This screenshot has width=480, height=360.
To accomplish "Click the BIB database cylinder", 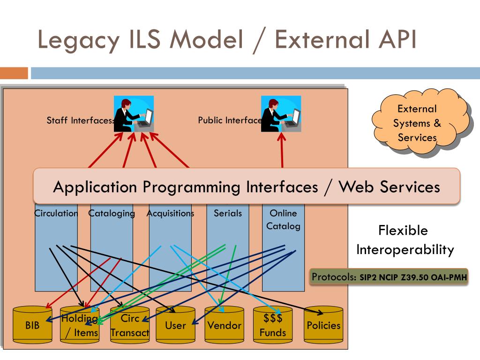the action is [32, 324].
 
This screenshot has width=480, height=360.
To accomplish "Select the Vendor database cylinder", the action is [225, 324].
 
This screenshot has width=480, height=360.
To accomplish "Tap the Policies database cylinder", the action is [323, 324].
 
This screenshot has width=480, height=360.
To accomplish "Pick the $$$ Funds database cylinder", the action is [273, 324].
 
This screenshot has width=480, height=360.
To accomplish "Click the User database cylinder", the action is [175, 324].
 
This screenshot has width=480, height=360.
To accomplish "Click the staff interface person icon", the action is [134, 113].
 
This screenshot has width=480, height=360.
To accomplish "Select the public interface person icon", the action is [281, 113].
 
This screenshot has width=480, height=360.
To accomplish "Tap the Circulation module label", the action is [56, 213].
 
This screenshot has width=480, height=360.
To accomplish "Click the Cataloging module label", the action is [112, 213].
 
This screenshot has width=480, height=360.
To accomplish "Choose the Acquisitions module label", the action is [170, 213].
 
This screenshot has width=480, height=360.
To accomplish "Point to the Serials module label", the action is [228, 213].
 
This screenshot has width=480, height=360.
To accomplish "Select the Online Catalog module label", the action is [283, 219].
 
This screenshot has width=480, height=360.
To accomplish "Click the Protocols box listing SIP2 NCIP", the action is [389, 277].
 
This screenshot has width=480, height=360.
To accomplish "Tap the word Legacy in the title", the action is [78, 40].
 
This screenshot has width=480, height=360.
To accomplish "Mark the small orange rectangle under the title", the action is [14, 73].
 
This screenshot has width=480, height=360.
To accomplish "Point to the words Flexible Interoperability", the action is [405, 240].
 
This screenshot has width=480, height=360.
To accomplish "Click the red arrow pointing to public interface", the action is [282, 150].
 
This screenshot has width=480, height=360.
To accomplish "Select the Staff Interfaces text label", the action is [80, 120].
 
